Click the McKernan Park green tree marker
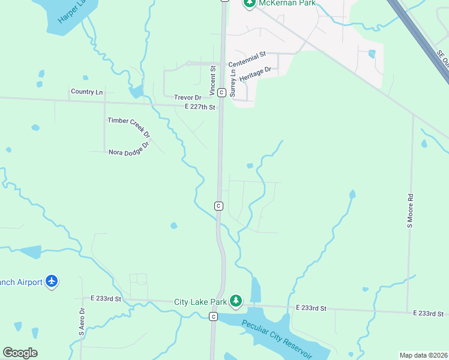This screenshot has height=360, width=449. (x=250, y=4)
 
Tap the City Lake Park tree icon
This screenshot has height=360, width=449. (x=237, y=301)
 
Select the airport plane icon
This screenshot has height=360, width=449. (x=52, y=281)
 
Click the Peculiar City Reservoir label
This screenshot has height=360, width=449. (x=277, y=338)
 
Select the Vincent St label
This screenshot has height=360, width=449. (x=212, y=80)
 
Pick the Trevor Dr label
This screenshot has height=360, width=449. (x=188, y=97)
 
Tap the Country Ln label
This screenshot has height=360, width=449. (x=86, y=92)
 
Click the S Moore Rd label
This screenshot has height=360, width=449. (x=411, y=210)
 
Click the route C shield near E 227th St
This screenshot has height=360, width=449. (x=221, y=92)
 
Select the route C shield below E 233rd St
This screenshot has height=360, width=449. (x=213, y=316)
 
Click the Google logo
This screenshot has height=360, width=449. (x=20, y=353)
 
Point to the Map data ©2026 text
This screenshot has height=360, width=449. (x=423, y=355)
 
